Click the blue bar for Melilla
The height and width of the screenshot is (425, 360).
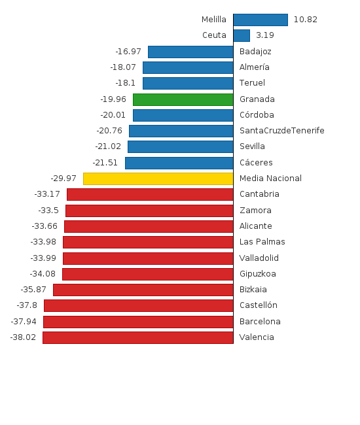pos(260,20)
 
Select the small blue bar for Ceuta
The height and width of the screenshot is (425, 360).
pos(242,35)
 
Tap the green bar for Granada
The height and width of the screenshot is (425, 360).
pos(183,99)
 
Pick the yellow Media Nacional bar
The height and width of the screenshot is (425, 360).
pos(158,178)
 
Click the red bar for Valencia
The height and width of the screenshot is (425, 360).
pos(137,337)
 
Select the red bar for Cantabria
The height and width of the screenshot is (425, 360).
pos(150,194)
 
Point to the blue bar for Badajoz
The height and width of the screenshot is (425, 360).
pos(190,52)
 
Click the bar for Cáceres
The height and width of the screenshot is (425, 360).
pos(179,163)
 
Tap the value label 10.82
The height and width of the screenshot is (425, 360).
pos(305,20)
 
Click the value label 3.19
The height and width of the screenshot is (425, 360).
pos(265,35)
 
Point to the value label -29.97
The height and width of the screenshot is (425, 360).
pos(63,178)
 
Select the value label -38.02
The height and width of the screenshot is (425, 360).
pos(24,337)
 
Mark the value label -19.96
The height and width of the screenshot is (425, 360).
pos(113,99)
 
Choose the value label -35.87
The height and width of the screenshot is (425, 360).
pos(33,290)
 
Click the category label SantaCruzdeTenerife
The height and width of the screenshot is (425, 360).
pos(281,131)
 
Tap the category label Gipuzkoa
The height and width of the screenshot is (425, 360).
pos(258,274)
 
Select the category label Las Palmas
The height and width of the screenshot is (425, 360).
pos(262,242)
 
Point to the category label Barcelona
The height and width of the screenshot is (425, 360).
pos(260,322)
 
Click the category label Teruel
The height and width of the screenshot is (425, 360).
pos(252,83)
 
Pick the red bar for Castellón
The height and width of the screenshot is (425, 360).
pos(138,305)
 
